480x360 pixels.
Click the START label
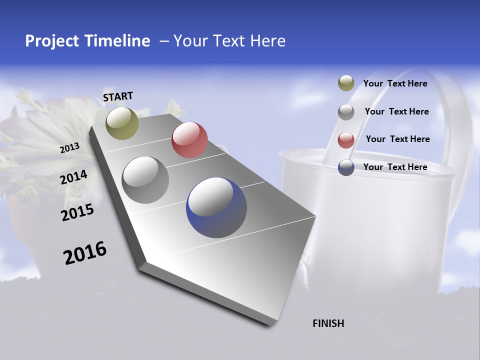pos(118,96)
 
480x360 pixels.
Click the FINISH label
pos(328,323)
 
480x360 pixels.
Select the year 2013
pos(70,147)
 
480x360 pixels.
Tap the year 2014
pos(74,177)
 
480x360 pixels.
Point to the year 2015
pos(77,212)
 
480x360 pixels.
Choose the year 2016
pos(85,252)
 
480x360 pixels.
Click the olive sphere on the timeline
pos(122,123)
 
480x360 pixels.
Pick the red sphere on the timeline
pos(189,140)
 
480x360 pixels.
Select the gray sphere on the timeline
pos(145,180)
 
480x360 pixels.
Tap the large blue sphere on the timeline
pos(216,207)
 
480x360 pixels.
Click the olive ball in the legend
pos(346,83)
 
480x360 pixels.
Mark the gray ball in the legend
pos(346,111)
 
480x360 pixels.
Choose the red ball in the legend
pos(346,139)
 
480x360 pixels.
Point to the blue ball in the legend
pos(346,167)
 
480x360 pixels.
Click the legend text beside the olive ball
pos(395,83)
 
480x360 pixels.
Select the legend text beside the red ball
pos(397,139)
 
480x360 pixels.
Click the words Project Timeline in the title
pos(87,41)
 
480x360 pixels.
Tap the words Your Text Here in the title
pos(229,41)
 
